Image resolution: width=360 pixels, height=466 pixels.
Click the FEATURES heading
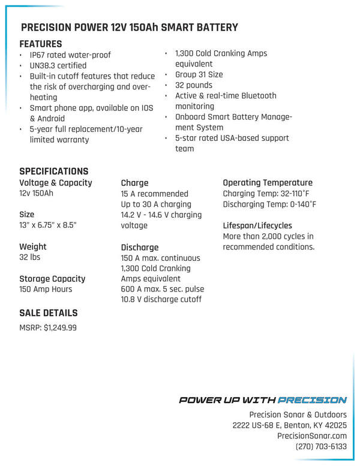click(41, 44)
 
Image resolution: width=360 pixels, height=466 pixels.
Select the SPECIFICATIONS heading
click(54, 171)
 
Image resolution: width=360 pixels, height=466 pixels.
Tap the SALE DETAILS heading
click(49, 312)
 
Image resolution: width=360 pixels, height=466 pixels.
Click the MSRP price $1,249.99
click(60, 328)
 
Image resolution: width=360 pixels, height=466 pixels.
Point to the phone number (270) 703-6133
click(321, 447)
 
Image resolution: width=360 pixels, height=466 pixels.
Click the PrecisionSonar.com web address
click(312, 436)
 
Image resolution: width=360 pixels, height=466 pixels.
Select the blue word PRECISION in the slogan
click(313, 400)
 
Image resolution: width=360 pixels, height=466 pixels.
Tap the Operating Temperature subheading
click(268, 182)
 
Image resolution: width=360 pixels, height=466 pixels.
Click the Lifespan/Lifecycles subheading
click(257, 226)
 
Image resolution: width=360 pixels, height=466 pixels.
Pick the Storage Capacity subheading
click(52, 278)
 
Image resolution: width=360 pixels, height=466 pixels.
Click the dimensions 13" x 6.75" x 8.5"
click(48, 225)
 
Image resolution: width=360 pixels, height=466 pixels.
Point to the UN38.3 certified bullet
click(58, 65)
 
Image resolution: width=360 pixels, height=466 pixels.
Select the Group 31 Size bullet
click(199, 75)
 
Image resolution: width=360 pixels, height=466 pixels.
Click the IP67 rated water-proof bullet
click(70, 55)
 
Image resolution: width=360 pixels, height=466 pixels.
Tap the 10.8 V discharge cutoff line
click(161, 299)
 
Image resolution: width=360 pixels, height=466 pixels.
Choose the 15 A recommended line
click(154, 194)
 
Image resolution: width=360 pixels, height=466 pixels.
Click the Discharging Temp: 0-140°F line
click(269, 205)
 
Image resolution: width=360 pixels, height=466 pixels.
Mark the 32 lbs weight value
click(30, 257)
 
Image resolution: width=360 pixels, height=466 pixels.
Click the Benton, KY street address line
click(289, 425)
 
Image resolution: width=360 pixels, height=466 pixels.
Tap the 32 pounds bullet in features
click(194, 85)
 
